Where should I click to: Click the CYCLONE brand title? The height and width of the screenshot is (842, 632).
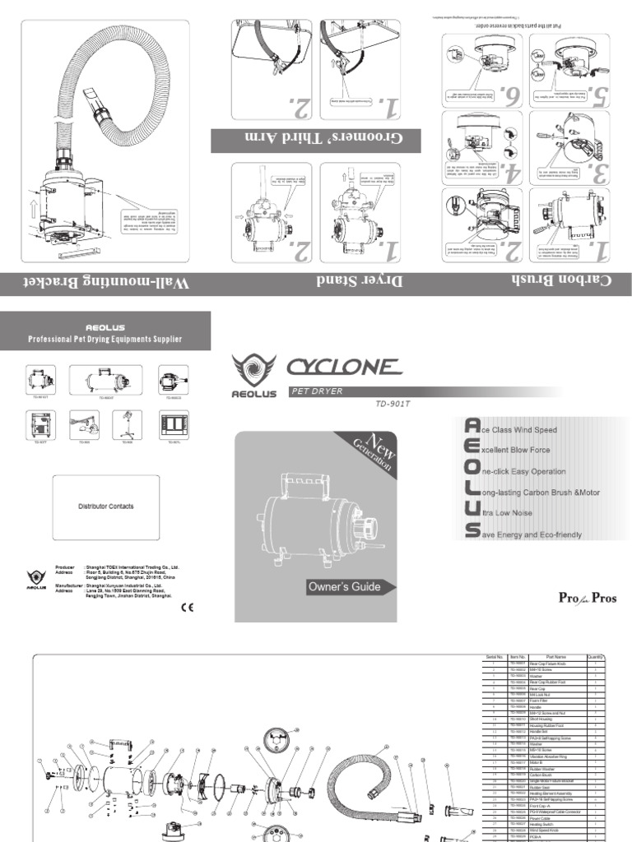click(343, 367)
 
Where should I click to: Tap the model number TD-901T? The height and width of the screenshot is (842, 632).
click(392, 403)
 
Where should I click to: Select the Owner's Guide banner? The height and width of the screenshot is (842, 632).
click(344, 587)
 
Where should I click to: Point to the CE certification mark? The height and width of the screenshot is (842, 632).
click(187, 608)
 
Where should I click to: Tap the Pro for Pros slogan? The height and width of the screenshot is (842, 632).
click(588, 598)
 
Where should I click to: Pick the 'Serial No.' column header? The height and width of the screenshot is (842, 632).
click(493, 657)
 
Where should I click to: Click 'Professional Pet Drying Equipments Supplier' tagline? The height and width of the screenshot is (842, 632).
click(105, 339)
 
